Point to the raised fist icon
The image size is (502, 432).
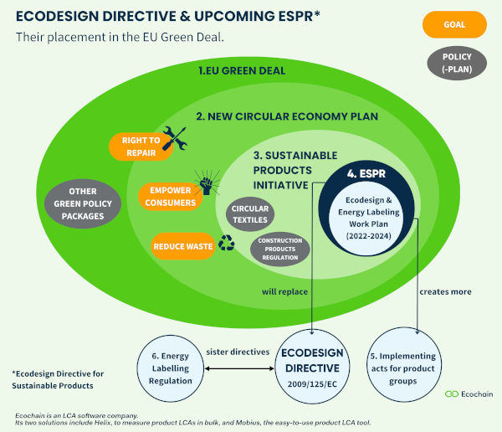point(206,184)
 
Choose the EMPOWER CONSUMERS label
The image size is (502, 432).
point(171,196)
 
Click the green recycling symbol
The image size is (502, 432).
point(227,244)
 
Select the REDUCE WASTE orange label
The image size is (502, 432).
point(183,246)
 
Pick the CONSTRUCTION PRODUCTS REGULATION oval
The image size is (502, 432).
point(279,248)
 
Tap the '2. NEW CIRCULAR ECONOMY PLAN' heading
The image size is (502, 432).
point(287,116)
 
